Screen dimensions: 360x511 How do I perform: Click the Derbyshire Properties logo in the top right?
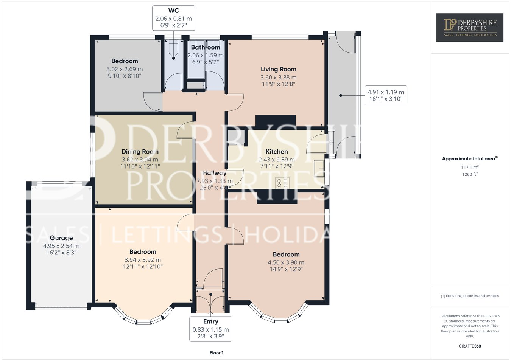click(470, 27)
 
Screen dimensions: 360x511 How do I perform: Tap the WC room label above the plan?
click(174, 11)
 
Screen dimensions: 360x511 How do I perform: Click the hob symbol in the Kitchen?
click(282, 183)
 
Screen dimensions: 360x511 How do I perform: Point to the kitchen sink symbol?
click(319, 169)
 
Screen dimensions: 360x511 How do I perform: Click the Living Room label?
click(278, 69)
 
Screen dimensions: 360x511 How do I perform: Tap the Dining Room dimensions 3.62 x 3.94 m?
click(140, 160)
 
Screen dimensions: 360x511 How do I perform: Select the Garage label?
click(61, 238)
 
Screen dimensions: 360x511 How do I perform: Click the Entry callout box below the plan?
click(210, 329)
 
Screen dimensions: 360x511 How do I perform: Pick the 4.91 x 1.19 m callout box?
click(386, 95)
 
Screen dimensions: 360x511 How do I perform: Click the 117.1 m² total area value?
click(470, 167)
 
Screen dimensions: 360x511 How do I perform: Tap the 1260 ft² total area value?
click(469, 174)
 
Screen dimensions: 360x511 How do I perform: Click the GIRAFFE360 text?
click(470, 346)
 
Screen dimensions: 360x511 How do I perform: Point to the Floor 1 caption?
click(217, 353)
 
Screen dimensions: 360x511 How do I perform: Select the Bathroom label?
click(205, 47)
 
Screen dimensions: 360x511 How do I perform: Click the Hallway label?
click(214, 173)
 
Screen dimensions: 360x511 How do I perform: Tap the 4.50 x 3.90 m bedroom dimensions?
click(286, 262)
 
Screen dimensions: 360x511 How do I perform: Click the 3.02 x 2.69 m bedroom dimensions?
click(125, 69)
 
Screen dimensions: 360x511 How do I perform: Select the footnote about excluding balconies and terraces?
click(470, 296)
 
